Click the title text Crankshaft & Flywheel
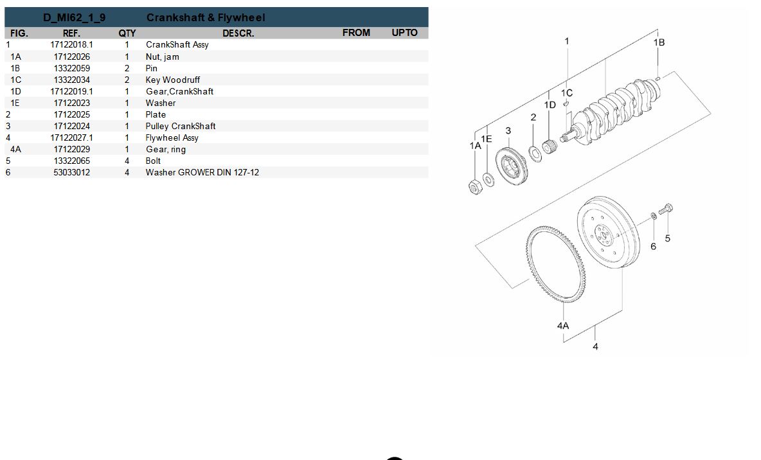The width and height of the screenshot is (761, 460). [206, 17]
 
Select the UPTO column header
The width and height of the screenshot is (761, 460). [404, 33]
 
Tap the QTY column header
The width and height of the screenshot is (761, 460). [127, 33]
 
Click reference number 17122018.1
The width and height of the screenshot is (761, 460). [72, 44]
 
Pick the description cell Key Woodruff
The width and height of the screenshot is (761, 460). [173, 80]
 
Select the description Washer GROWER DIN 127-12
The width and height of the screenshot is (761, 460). [202, 172]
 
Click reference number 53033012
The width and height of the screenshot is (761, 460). [72, 172]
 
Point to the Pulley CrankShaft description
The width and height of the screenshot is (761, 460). [181, 126]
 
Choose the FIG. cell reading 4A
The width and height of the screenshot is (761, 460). [15, 149]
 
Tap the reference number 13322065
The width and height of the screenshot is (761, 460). [72, 161]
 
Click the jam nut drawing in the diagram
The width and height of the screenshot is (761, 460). [476, 186]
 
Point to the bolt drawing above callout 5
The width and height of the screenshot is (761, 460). [665, 209]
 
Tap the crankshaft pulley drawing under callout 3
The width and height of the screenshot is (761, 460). [511, 166]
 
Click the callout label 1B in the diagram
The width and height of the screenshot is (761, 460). [659, 42]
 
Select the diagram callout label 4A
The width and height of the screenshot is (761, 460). [563, 326]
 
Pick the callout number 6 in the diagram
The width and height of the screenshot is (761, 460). [653, 247]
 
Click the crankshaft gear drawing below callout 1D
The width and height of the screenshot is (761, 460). [550, 146]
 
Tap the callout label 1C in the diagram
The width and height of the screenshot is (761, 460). [567, 93]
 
